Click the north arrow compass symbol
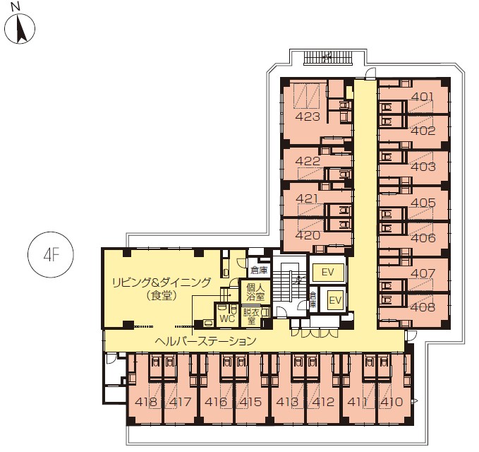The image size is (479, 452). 20,29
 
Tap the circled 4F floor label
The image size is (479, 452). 50,254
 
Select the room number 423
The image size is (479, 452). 308,117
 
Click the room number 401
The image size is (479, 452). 423,97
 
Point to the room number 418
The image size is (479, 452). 146,402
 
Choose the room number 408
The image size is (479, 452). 423,307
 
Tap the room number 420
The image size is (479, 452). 308,235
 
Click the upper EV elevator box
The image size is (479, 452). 328,272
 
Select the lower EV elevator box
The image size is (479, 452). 335,300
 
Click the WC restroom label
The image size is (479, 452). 227,319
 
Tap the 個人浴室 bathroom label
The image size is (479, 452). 255,292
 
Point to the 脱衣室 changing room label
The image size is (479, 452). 251,316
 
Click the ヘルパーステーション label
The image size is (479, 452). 205,340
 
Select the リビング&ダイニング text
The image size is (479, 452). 162,282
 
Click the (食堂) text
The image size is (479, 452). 162,295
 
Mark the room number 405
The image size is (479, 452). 423,203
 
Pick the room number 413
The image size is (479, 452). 287,402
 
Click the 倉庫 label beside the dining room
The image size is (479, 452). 259,270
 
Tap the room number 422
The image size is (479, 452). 308,161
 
